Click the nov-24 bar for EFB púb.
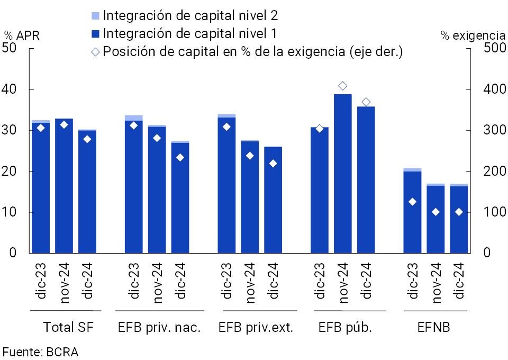342,175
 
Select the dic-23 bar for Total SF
41,188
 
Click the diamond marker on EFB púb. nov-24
342,86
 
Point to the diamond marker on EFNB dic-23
412,202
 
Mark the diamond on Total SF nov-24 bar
64,125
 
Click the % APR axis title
22,35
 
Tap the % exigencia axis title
473,35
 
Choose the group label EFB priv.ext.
256,327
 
